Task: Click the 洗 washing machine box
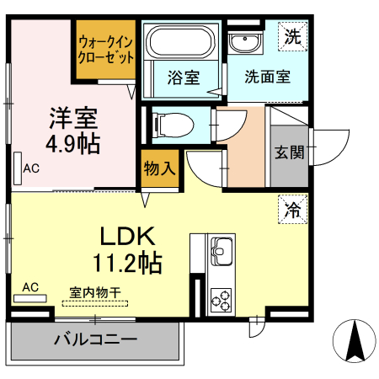tap(291, 37)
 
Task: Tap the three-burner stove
tap(222, 299)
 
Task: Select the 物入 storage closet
tap(159, 167)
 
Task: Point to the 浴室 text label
tap(184, 78)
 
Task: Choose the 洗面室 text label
tap(267, 78)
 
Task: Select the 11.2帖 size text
tap(126, 263)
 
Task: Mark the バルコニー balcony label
tap(94, 341)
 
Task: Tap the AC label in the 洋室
tap(31, 168)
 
